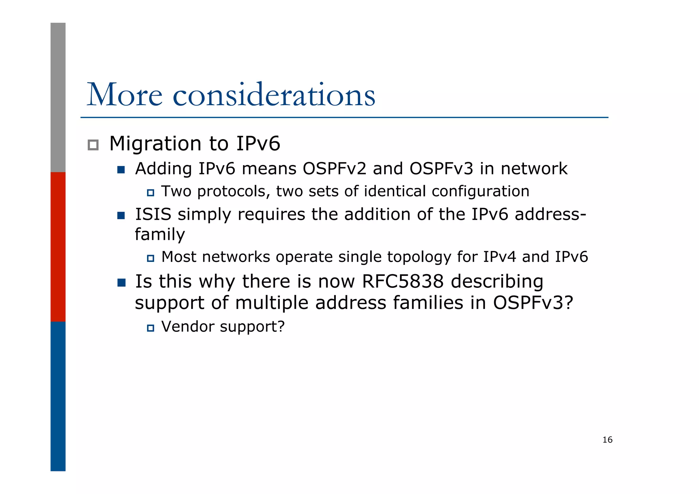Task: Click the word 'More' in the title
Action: pos(125,95)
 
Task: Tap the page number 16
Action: pos(607,440)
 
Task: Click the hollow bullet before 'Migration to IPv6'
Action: pos(93,145)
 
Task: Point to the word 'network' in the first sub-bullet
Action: pos(534,169)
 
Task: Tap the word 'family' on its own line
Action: pos(160,235)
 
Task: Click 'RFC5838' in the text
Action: pos(403,282)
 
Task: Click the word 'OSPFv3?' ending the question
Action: pos(533,303)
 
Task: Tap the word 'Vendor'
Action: pos(188,327)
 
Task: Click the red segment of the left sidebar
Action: pos(58,246)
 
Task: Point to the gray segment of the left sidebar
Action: pos(58,97)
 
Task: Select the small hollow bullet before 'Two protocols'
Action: pos(151,193)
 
